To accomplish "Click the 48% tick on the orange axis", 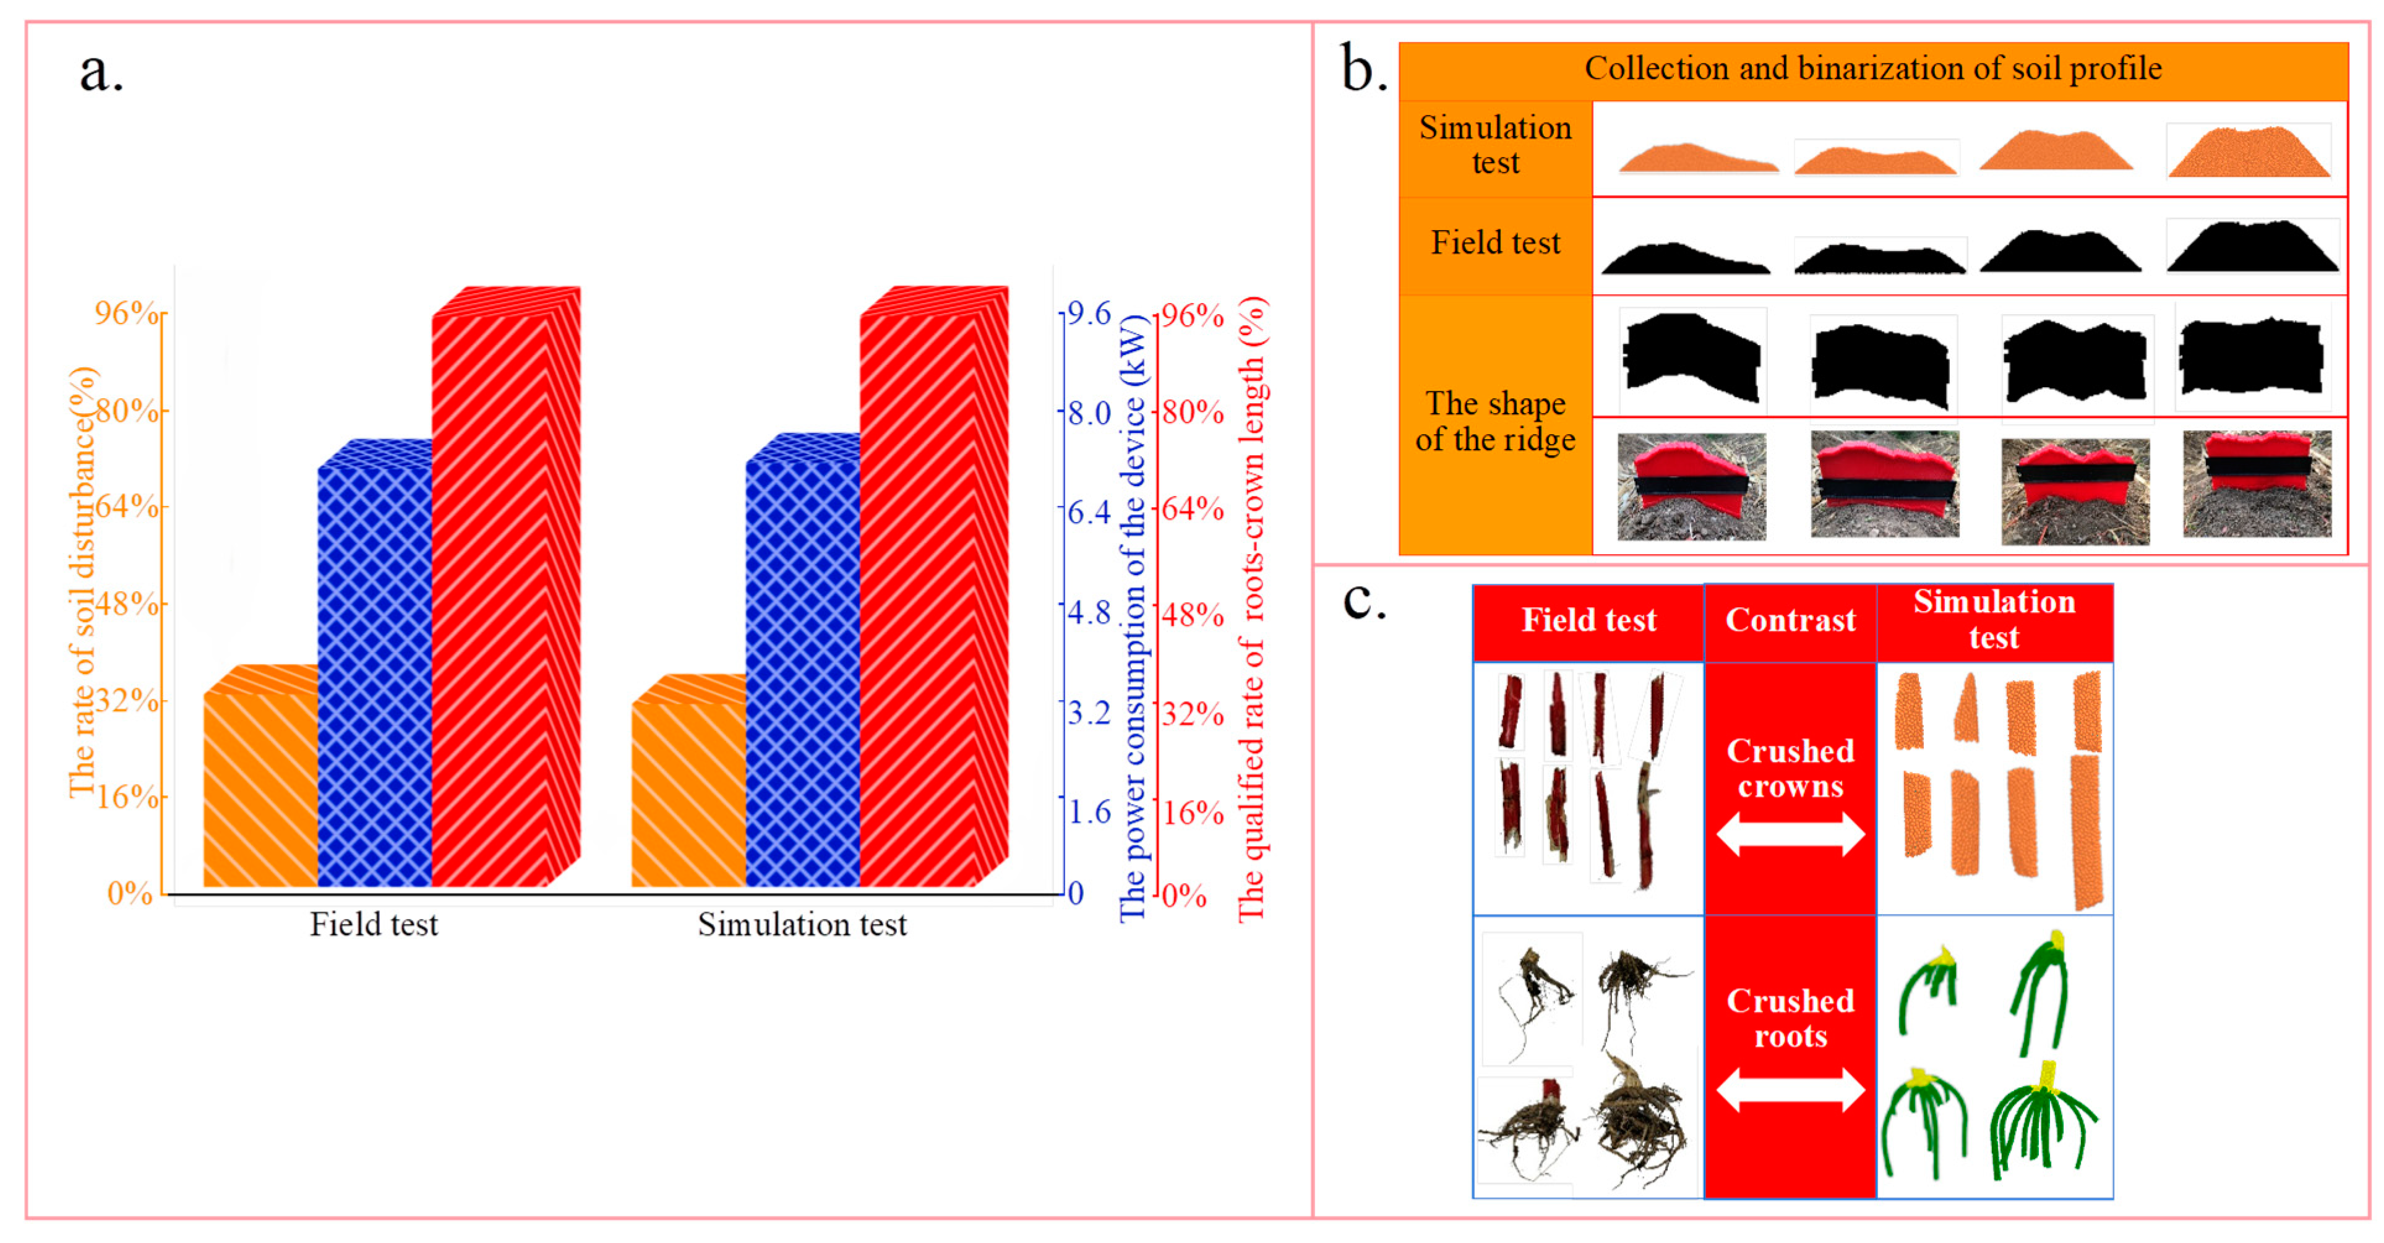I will (x=127, y=604).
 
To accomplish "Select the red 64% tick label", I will (x=1193, y=508).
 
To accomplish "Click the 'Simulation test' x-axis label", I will (x=802, y=924).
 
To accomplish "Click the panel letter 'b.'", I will (x=1363, y=69).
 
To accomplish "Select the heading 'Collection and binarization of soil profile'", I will (x=1873, y=69).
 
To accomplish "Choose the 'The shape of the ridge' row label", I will (x=1494, y=421).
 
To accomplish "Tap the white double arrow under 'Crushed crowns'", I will (x=1790, y=834).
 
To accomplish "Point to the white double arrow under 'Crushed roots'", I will (x=1790, y=1090).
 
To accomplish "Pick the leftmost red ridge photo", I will (x=1691, y=487).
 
